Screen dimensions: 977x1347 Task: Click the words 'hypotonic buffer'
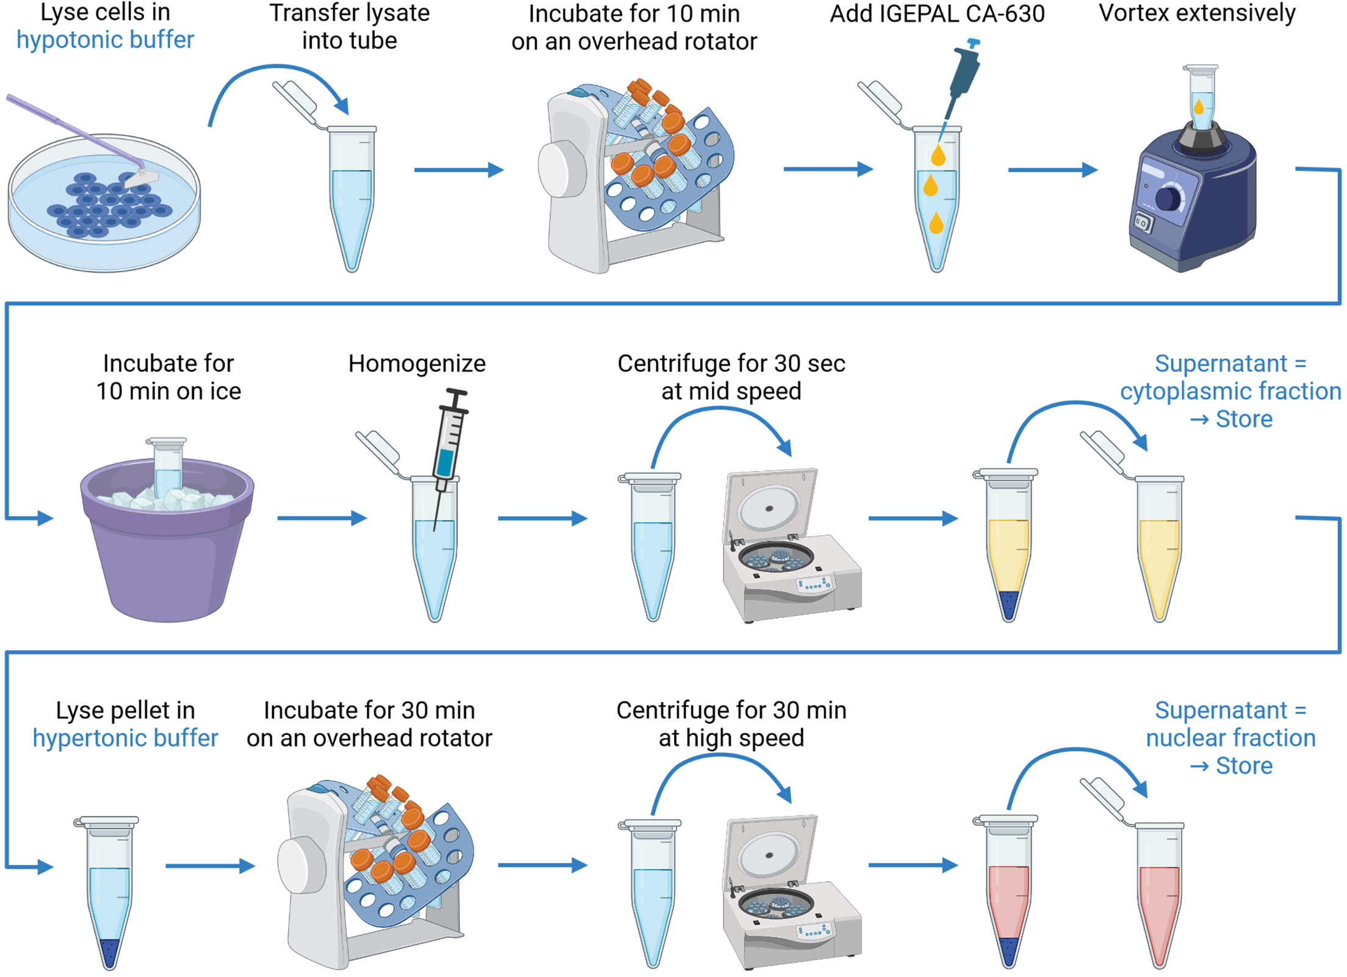coord(105,40)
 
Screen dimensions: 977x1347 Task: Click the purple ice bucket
coord(167,549)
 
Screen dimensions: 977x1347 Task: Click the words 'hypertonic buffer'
coord(125,738)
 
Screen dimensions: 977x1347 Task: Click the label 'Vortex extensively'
coord(1197,13)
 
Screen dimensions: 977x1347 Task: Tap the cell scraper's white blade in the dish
coord(141,179)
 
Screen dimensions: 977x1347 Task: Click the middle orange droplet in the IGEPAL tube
coord(930,186)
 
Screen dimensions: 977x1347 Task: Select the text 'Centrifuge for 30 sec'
coord(731,364)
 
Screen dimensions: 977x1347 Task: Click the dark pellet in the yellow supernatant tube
coord(1009,604)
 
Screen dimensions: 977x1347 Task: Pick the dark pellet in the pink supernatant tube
coord(1009,950)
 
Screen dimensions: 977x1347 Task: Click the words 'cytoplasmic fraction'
coord(1230,391)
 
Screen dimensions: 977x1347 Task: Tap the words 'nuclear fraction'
coord(1230,738)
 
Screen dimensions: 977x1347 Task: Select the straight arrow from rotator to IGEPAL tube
coord(827,169)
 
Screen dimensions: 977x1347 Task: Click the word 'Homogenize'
coord(417,364)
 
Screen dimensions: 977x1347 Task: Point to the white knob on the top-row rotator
coord(562,170)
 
